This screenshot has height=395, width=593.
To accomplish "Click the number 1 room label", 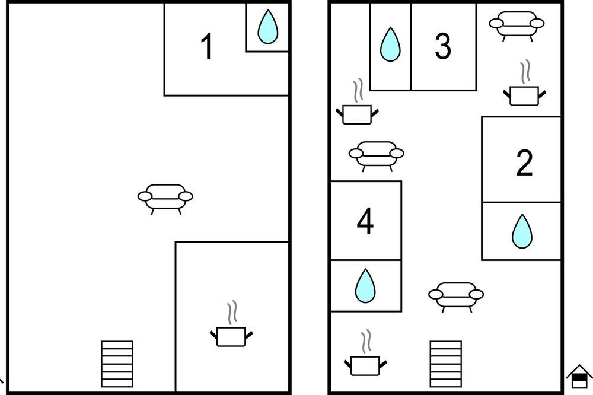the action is pyautogui.click(x=206, y=46).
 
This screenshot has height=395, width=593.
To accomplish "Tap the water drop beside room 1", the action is pyautogui.click(x=268, y=27).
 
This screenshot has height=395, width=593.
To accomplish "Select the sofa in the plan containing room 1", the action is pyautogui.click(x=165, y=199).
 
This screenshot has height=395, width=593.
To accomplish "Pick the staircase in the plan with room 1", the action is pyautogui.click(x=117, y=364).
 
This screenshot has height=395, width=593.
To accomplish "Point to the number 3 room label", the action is pyautogui.click(x=443, y=46).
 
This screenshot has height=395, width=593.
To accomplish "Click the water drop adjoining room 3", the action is pyautogui.click(x=390, y=44).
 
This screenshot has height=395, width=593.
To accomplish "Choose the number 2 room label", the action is pyautogui.click(x=524, y=163).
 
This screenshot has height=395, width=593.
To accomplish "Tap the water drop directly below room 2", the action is pyautogui.click(x=522, y=231).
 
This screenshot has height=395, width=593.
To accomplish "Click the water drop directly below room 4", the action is pyautogui.click(x=365, y=286).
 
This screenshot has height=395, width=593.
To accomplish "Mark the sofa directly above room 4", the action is pyautogui.click(x=377, y=156).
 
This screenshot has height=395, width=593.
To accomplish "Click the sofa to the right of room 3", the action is pyautogui.click(x=517, y=26).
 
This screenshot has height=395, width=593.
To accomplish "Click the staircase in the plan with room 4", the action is pyautogui.click(x=445, y=364).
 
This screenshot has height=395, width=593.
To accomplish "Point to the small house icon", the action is pyautogui.click(x=579, y=376).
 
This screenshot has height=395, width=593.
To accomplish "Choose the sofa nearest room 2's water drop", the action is pyautogui.click(x=455, y=297).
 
